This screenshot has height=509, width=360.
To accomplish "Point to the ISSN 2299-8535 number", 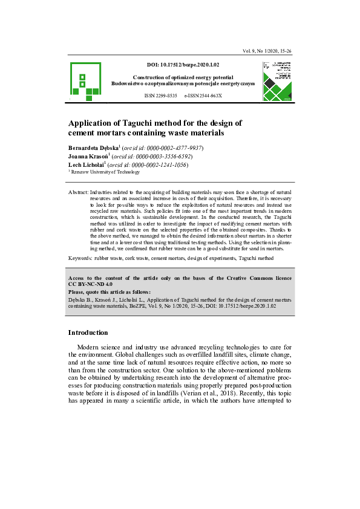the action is click(160, 96).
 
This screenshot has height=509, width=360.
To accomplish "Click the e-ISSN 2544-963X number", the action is click(203, 96).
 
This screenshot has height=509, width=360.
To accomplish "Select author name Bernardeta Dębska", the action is click(93, 148).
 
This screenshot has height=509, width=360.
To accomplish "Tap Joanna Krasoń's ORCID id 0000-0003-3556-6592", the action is click(158, 156).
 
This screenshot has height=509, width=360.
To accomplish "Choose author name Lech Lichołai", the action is click(86, 164).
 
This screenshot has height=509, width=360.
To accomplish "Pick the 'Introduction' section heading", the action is click(88, 332).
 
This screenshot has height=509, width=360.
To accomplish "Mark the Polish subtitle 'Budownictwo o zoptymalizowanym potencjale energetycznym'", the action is click(183, 83).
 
